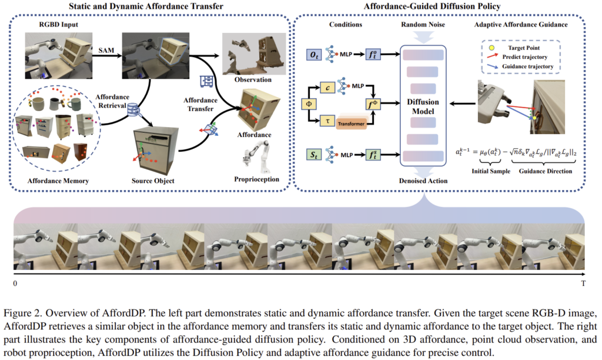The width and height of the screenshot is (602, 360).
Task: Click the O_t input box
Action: (314, 55)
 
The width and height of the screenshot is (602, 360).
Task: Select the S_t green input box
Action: (314, 155)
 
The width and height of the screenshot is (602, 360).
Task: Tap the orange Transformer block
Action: (351, 124)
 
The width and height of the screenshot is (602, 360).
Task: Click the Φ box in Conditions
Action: (309, 104)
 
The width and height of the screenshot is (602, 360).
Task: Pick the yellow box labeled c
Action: (327, 88)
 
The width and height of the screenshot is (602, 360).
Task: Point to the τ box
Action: (327, 121)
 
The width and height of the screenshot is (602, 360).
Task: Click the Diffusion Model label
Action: (423, 106)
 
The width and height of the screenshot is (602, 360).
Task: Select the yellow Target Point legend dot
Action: (491, 48)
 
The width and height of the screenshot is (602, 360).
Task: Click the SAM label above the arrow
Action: (106, 51)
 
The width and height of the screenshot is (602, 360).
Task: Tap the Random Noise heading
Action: (423, 25)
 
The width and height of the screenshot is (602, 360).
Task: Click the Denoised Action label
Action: (423, 181)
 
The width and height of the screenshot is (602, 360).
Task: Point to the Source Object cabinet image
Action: (155, 151)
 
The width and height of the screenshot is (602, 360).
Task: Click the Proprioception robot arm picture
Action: (256, 156)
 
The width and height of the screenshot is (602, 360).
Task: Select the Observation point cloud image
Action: (254, 54)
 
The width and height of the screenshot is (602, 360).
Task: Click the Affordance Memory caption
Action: (58, 181)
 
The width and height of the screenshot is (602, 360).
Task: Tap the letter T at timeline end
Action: (583, 284)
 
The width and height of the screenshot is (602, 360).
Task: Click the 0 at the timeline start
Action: (15, 284)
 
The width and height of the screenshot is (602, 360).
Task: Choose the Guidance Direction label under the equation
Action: (546, 171)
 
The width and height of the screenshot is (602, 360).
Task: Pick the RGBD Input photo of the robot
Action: (59, 56)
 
